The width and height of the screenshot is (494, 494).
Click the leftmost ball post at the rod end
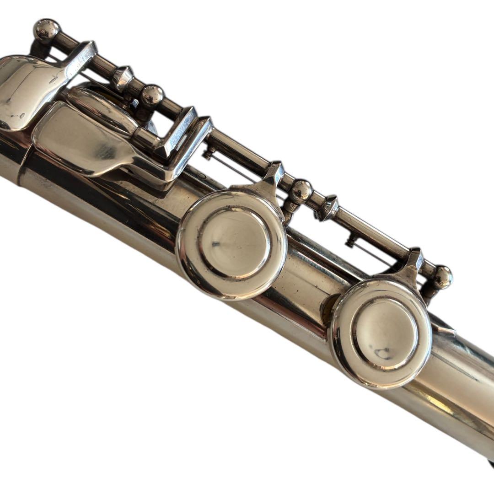pyautogui.click(x=47, y=29)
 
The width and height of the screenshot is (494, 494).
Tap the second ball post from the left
pyautogui.click(x=151, y=96)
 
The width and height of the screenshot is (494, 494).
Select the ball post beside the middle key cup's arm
pyautogui.click(x=301, y=191)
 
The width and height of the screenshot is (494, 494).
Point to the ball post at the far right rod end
pyautogui.click(x=443, y=276)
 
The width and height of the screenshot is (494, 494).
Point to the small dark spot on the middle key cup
pyautogui.click(x=215, y=245)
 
